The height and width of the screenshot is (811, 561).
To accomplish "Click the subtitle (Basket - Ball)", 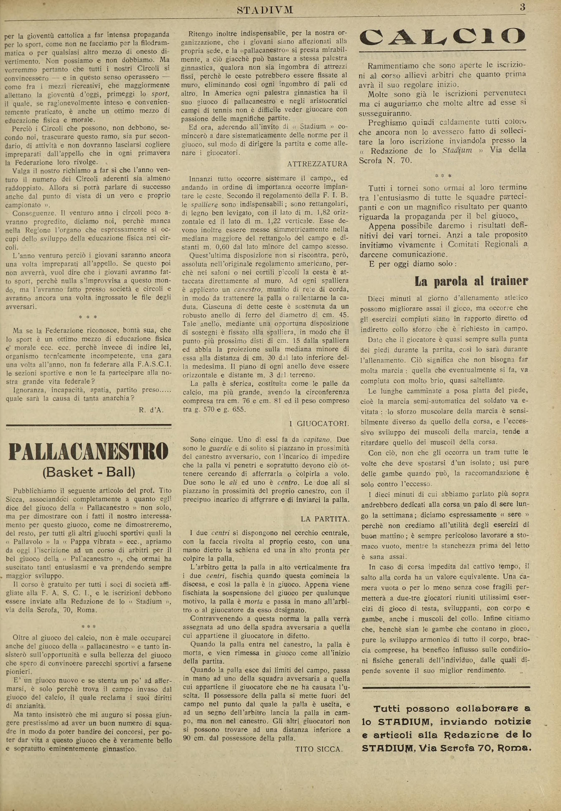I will (89, 472).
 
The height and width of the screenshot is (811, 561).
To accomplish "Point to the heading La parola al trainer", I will (471, 281).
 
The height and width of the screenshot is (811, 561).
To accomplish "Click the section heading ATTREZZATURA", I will (317, 164).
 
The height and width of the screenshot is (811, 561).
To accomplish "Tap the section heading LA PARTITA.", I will (325, 519).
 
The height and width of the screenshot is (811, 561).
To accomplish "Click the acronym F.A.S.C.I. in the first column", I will (154, 365).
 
